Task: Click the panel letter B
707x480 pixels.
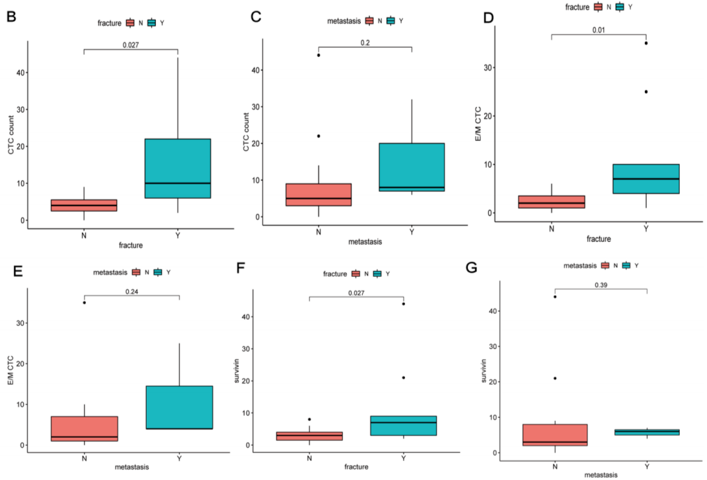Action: [11, 17]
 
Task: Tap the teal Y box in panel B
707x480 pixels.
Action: [178, 169]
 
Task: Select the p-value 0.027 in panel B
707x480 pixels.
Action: [131, 45]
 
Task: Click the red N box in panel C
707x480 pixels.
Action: [318, 194]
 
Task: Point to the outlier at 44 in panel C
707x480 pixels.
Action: [318, 55]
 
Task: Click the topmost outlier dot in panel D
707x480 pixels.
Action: [646, 43]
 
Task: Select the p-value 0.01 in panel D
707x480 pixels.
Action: [598, 29]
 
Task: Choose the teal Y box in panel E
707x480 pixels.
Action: [179, 407]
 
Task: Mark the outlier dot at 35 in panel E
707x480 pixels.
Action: [85, 303]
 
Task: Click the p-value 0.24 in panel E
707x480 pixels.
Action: [131, 290]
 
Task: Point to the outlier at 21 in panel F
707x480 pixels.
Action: [402, 378]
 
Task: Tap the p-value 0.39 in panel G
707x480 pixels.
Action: [601, 284]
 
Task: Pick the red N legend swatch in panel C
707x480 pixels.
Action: [370, 21]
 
